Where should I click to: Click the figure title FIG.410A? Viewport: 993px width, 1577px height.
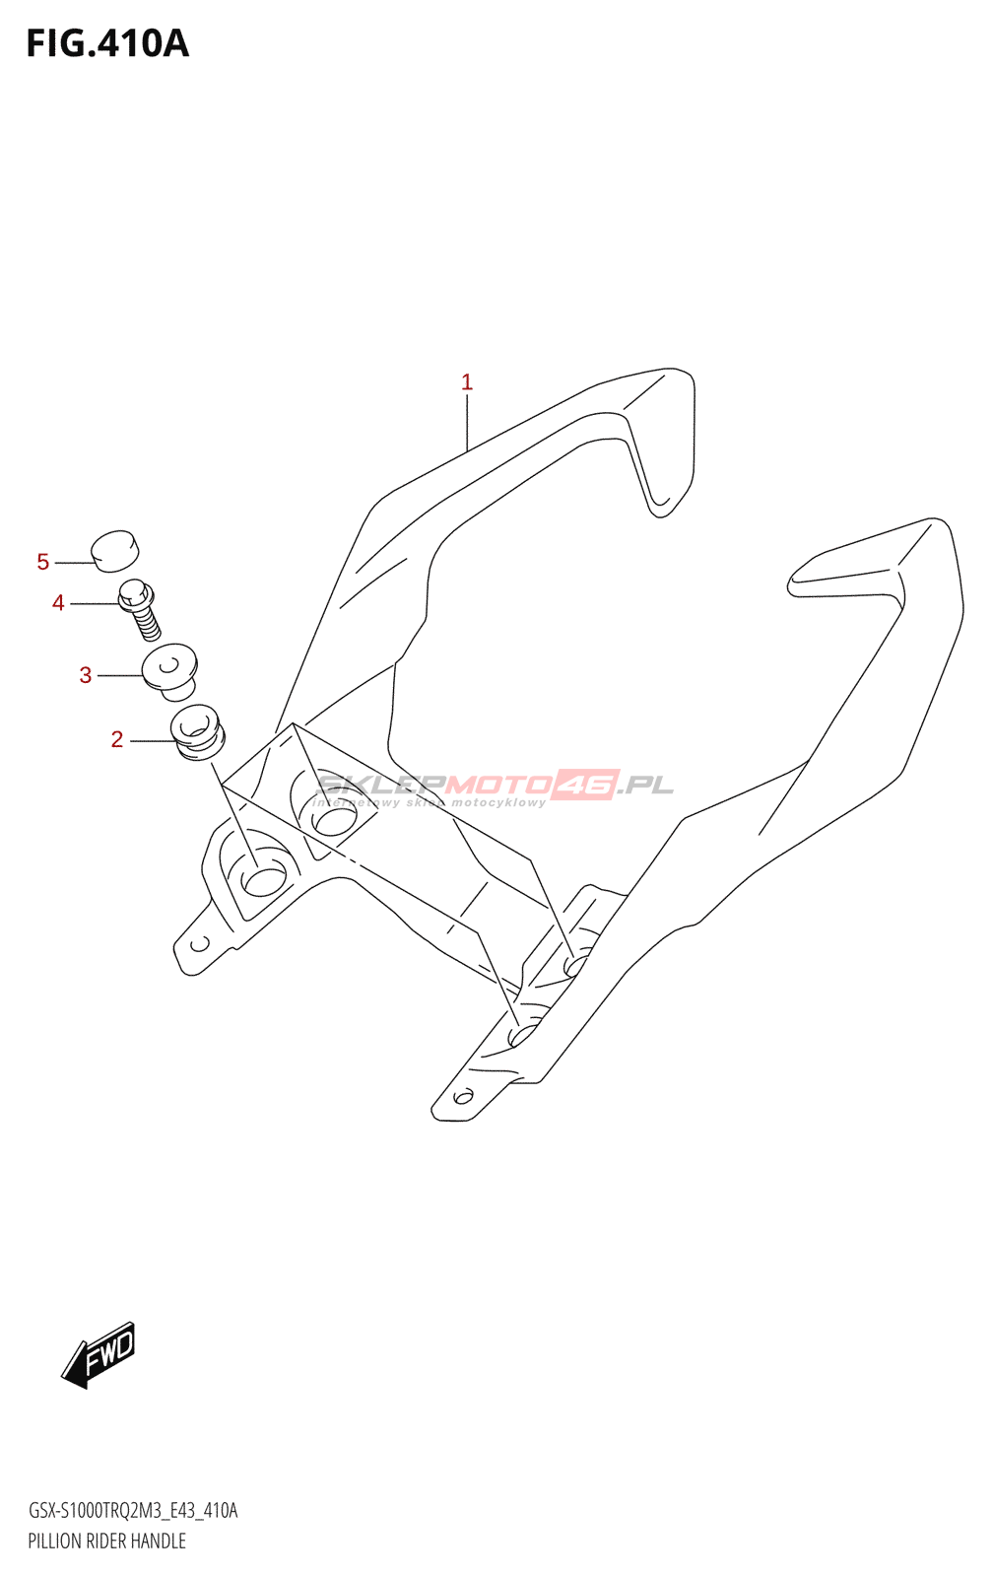click(106, 44)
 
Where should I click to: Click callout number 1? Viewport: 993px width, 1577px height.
click(467, 382)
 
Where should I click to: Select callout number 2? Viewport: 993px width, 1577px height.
click(117, 739)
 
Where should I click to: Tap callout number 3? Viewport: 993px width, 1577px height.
click(86, 675)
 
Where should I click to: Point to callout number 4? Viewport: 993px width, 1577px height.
click(58, 603)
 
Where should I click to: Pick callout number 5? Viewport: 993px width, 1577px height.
click(43, 562)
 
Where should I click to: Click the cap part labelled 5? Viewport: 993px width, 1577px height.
click(115, 551)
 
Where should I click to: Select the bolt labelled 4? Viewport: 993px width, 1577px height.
click(139, 608)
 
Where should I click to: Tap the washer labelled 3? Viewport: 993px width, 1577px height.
click(171, 668)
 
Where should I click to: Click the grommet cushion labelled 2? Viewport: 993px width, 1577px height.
click(198, 732)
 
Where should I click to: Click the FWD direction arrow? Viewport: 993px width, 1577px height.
click(99, 1354)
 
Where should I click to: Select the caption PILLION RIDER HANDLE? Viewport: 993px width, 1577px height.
click(106, 1542)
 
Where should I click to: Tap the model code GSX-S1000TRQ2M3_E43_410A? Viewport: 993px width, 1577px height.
click(133, 1511)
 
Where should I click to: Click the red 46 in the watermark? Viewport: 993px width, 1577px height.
click(583, 785)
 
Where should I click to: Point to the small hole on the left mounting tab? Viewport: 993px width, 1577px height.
click(199, 944)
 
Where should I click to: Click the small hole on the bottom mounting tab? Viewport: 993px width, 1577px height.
click(463, 1095)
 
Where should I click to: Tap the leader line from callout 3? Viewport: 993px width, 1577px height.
click(120, 675)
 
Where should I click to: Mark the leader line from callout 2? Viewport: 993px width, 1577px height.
click(152, 739)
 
